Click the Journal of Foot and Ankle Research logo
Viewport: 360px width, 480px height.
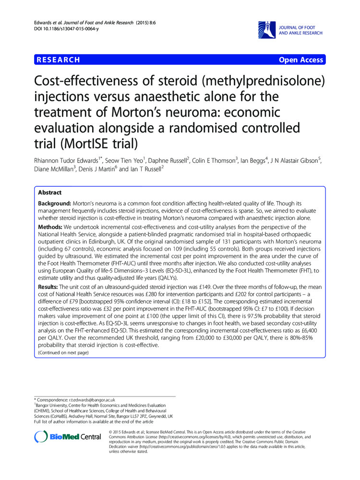291,29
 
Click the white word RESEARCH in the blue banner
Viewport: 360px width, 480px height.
58,60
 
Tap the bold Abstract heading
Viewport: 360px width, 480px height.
50,192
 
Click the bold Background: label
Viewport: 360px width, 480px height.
54,204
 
